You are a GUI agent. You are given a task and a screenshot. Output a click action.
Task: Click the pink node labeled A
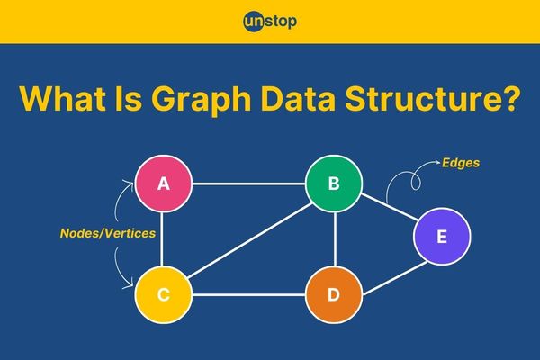tap(163, 184)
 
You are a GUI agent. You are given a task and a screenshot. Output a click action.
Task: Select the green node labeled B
tap(334, 184)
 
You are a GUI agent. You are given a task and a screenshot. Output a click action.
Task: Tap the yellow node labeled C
tap(163, 295)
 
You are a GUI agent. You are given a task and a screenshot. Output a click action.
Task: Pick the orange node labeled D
tap(334, 295)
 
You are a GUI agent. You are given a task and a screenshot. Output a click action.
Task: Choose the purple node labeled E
tap(442, 237)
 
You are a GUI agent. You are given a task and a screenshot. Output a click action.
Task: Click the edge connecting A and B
tap(248, 184)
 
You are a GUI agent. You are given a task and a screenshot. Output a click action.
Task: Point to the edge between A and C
tap(161, 239)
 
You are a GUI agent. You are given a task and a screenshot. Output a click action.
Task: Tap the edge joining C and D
tap(248, 295)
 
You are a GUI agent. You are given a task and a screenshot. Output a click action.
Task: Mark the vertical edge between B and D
tap(335, 239)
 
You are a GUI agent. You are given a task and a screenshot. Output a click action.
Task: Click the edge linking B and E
tap(389, 207)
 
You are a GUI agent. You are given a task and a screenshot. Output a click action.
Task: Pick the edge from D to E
tap(395, 279)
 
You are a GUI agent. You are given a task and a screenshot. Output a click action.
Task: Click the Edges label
tap(461, 163)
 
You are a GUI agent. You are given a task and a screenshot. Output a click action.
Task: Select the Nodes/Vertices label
tap(108, 233)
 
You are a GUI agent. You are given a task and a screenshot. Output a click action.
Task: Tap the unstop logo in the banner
tap(270, 22)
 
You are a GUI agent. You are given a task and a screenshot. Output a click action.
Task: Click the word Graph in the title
tap(201, 99)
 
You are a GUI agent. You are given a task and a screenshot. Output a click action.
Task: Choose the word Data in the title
tap(298, 98)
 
